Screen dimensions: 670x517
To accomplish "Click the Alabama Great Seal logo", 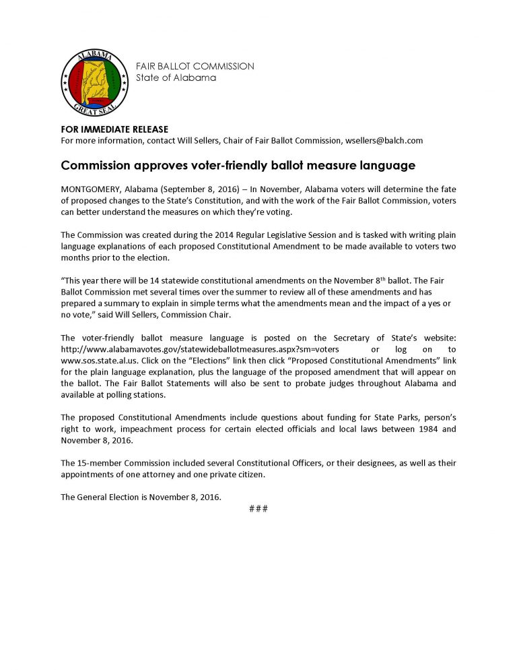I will pos(91,81).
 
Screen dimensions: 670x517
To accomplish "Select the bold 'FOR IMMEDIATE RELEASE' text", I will pos(114,129).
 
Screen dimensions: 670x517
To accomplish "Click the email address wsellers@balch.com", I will pos(384,140).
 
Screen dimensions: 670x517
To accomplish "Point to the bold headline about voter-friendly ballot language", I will pos(238,164).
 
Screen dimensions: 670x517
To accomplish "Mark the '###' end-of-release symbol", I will pos(258,508).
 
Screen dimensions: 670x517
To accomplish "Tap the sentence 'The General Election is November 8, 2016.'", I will pos(141,497).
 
